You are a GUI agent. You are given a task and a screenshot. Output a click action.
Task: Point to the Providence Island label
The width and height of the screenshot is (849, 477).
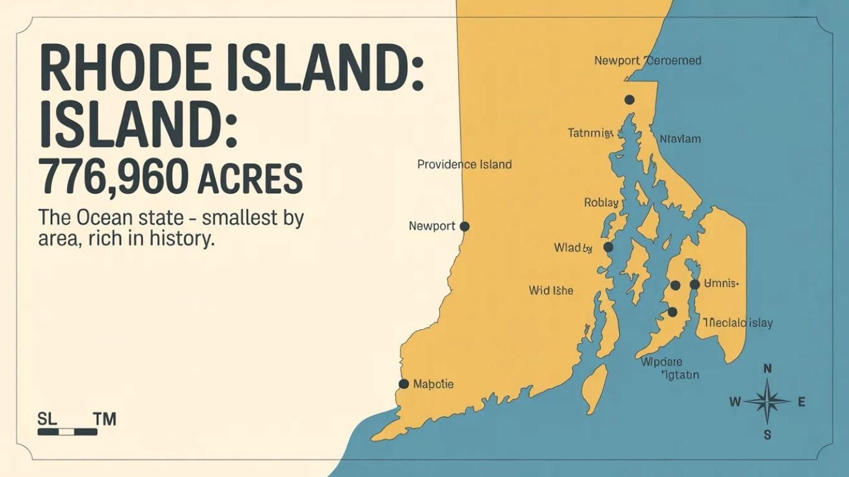(464, 165)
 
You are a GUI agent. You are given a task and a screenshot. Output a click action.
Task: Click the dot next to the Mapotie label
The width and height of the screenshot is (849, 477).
(403, 384)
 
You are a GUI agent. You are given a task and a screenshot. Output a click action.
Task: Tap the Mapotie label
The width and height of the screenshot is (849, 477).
(433, 384)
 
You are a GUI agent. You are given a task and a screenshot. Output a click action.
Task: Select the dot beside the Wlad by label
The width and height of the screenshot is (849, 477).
(608, 247)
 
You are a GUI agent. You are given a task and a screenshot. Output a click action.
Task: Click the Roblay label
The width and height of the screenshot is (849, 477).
(601, 202)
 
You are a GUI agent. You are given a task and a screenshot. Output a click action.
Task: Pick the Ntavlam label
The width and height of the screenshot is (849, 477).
(679, 139)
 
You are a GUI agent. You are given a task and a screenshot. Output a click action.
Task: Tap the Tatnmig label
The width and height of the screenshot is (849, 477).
(590, 132)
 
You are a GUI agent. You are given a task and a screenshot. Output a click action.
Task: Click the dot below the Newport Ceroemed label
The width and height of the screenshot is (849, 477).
(629, 99)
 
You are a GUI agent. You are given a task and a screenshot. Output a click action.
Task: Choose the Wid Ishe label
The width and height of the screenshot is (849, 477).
(551, 290)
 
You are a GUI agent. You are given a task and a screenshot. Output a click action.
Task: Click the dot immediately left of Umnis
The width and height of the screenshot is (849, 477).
(695, 284)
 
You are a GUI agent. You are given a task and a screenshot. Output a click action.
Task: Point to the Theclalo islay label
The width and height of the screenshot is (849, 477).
(738, 323)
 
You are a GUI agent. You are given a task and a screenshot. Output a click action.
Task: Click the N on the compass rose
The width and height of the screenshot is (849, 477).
(768, 368)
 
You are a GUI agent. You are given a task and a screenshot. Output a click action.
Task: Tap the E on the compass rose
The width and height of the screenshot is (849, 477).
(801, 402)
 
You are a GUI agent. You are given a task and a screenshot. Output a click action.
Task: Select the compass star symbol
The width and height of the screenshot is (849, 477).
(768, 402)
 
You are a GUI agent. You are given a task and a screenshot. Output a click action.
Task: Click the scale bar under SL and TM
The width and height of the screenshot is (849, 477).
(67, 431)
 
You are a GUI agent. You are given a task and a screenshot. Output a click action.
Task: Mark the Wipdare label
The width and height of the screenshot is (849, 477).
(661, 362)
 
